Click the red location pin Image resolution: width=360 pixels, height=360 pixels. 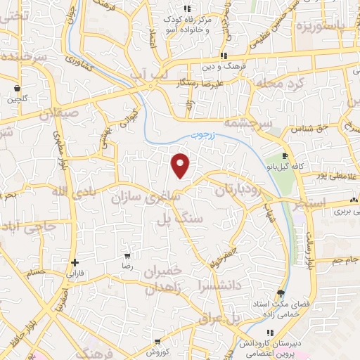(x=181, y=165)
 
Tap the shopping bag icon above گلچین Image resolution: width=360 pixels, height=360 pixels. (x=17, y=89)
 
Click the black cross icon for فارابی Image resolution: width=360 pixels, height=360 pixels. (x=75, y=262)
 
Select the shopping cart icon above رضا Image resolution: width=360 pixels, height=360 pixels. (x=127, y=257)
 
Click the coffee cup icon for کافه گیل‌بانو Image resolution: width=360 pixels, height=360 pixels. (x=285, y=156)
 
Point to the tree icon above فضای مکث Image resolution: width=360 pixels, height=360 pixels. (x=281, y=292)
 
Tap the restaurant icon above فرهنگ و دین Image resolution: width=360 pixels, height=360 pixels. (x=224, y=56)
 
